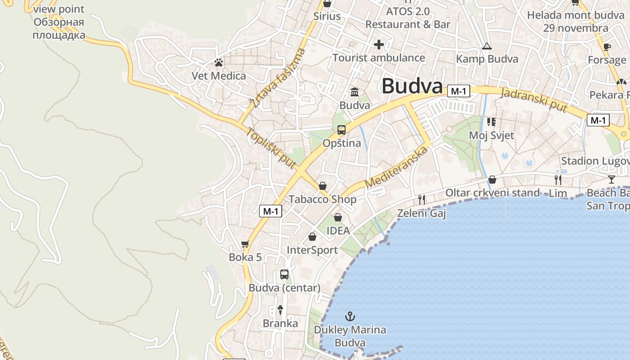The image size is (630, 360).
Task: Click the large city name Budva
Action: (412, 86)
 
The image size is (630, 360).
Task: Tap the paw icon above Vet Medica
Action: (219, 63)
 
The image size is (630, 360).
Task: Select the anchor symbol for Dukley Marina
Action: (350, 316)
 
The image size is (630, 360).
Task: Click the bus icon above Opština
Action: (342, 130)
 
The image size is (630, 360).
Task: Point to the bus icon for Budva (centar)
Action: (284, 274)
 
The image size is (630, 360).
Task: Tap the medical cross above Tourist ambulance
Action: (379, 45)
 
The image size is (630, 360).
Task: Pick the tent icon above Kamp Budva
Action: (486, 46)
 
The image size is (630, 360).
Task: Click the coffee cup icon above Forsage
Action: (607, 47)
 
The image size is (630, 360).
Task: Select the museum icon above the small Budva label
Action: (355, 92)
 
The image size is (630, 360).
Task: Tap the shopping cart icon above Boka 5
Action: (245, 244)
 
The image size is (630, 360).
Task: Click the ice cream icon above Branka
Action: (280, 310)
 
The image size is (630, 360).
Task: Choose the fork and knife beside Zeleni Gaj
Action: (422, 199)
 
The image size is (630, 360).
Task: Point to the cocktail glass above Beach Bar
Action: (611, 180)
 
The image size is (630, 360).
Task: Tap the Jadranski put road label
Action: (534, 98)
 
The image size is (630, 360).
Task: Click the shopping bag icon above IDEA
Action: (338, 217)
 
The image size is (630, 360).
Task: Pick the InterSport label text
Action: (312, 250)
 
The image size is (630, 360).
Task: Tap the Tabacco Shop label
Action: (322, 199)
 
